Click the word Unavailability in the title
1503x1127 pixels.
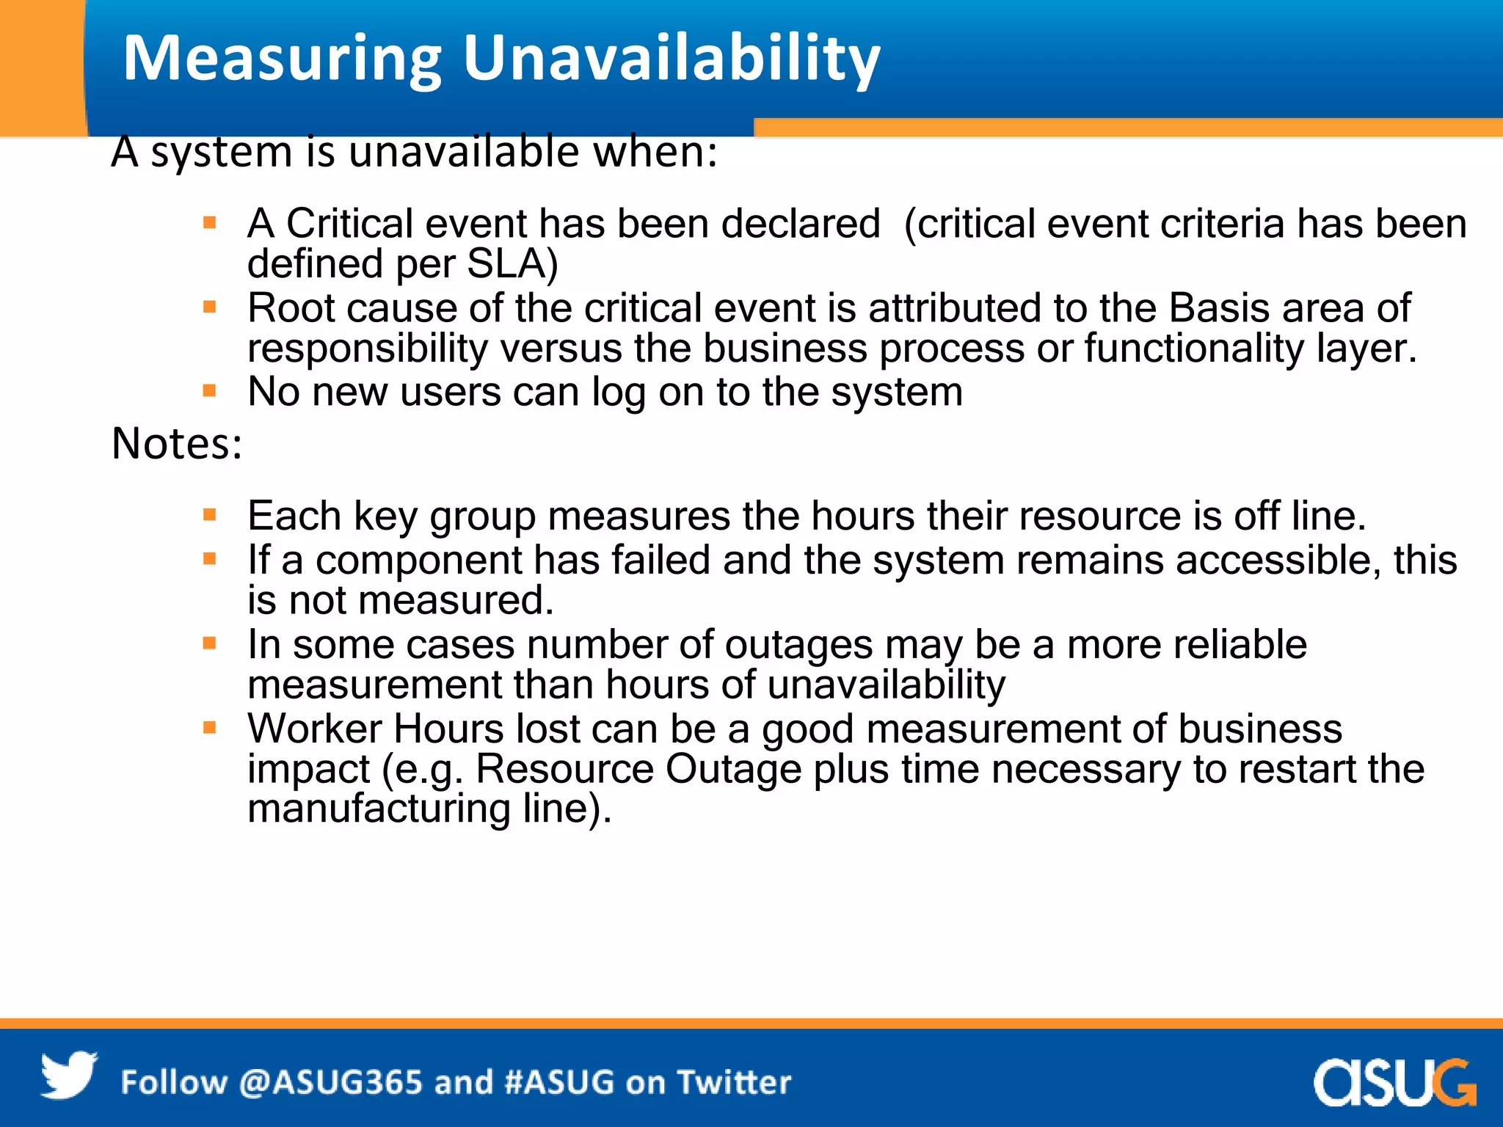point(671,59)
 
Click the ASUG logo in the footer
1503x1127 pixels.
point(1394,1082)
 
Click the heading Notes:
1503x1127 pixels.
point(177,444)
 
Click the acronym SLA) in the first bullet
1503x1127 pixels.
point(512,264)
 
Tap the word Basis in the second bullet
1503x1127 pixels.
point(1218,308)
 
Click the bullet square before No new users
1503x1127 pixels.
point(210,391)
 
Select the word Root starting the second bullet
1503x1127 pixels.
point(291,308)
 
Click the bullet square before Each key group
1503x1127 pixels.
point(210,515)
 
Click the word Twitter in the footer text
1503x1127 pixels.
point(734,1083)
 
